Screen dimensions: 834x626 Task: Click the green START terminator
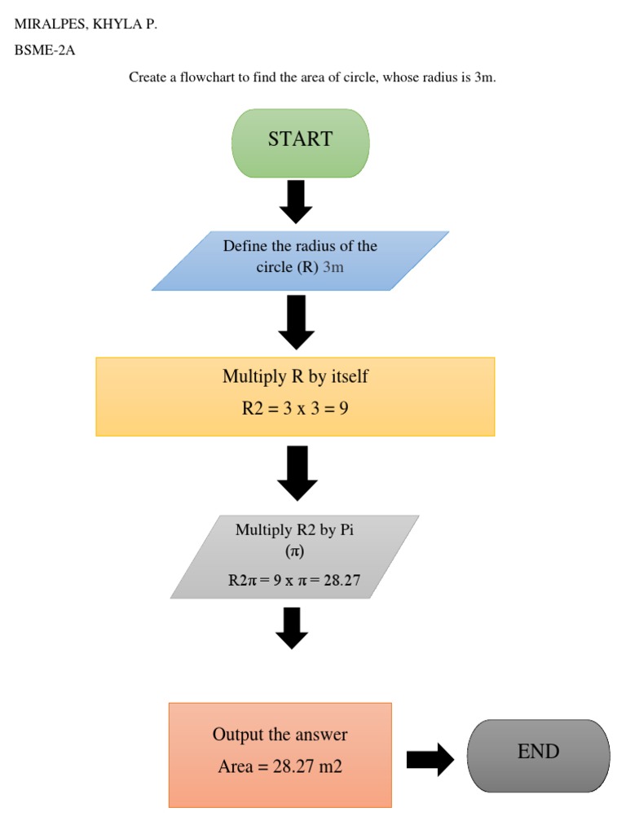(301, 143)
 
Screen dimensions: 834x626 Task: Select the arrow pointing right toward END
(430, 759)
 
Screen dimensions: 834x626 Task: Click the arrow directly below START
(296, 202)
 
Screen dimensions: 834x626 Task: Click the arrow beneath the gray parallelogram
(292, 628)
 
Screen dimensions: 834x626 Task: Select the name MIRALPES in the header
(51, 24)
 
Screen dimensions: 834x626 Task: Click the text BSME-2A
(45, 50)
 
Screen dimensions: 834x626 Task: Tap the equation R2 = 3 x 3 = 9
(295, 409)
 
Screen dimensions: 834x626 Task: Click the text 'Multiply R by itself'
(295, 376)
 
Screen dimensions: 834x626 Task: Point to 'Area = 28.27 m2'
(280, 766)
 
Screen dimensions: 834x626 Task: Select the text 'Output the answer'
(280, 735)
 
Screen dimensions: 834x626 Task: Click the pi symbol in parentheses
(294, 551)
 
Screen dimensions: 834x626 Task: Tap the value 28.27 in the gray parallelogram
(342, 581)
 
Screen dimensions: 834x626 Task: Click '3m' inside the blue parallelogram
(333, 267)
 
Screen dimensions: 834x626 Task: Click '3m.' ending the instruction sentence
(485, 77)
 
